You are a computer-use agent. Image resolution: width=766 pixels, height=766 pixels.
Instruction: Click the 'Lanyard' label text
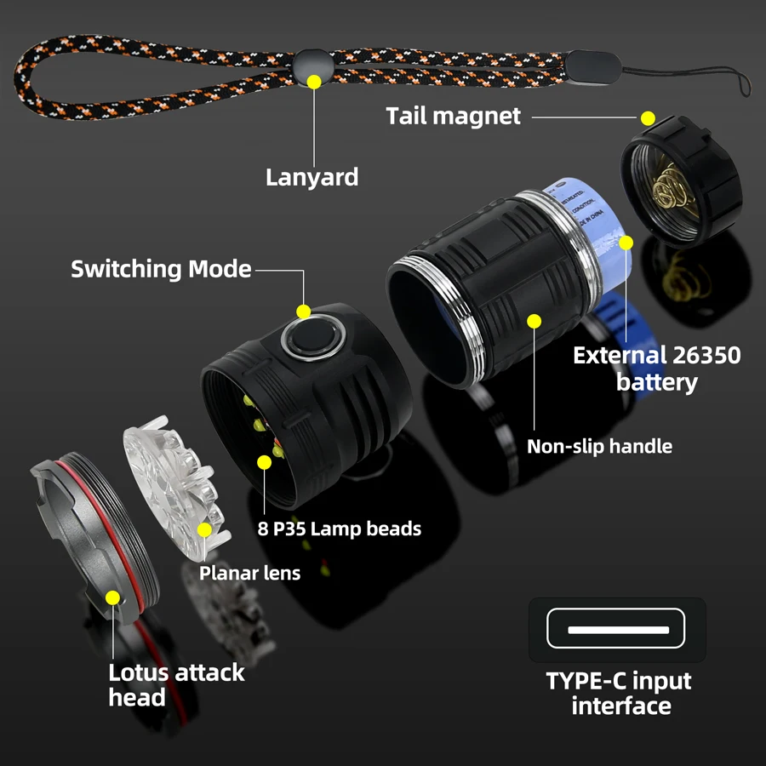[312, 177]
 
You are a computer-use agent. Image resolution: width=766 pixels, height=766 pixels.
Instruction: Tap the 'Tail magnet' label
[453, 116]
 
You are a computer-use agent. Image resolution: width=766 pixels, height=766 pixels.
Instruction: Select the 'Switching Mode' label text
[161, 270]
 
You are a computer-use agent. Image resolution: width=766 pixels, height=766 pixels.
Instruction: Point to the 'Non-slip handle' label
[599, 446]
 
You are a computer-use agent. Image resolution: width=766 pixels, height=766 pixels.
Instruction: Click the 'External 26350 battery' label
[656, 369]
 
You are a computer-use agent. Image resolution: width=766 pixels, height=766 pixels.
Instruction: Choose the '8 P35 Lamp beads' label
[340, 529]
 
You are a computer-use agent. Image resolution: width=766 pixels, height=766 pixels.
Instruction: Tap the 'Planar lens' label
[249, 573]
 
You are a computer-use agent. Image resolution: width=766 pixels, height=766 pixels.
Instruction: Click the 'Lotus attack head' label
[175, 684]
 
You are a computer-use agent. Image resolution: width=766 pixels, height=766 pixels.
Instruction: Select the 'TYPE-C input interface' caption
[619, 694]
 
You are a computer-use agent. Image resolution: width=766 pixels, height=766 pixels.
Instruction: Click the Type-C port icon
[618, 630]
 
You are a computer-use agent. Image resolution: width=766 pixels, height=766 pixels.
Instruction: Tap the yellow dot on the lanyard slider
[314, 82]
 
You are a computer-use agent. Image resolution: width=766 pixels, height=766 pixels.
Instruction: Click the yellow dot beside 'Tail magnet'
[648, 118]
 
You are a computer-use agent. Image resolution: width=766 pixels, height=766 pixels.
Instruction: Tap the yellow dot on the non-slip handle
[534, 321]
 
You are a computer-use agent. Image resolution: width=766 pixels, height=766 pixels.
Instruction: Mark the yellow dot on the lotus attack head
[112, 597]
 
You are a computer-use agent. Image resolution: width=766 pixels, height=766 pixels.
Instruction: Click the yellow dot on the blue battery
[626, 243]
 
